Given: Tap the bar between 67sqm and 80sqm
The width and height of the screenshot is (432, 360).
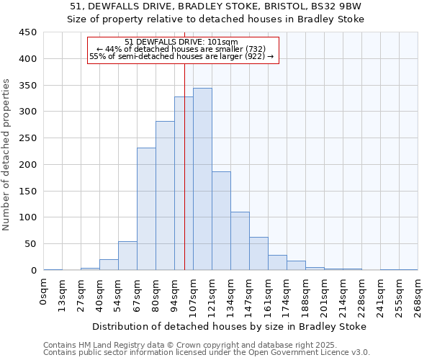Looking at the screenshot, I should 146,209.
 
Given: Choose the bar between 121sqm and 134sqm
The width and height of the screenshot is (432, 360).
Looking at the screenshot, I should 221,220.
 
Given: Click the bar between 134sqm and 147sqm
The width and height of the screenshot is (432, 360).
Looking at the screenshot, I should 240,240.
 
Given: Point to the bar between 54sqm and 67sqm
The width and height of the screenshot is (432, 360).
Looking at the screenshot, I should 127,256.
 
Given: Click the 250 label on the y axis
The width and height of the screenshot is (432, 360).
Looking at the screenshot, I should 27,138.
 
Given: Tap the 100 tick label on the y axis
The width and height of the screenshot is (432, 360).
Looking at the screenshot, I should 27,217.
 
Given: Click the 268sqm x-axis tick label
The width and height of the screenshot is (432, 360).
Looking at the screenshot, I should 418,295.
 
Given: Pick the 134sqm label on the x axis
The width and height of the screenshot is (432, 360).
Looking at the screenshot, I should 230,295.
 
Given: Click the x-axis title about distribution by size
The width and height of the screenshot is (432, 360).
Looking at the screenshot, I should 230,326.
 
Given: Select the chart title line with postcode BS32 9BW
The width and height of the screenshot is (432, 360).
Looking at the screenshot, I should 216,6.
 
